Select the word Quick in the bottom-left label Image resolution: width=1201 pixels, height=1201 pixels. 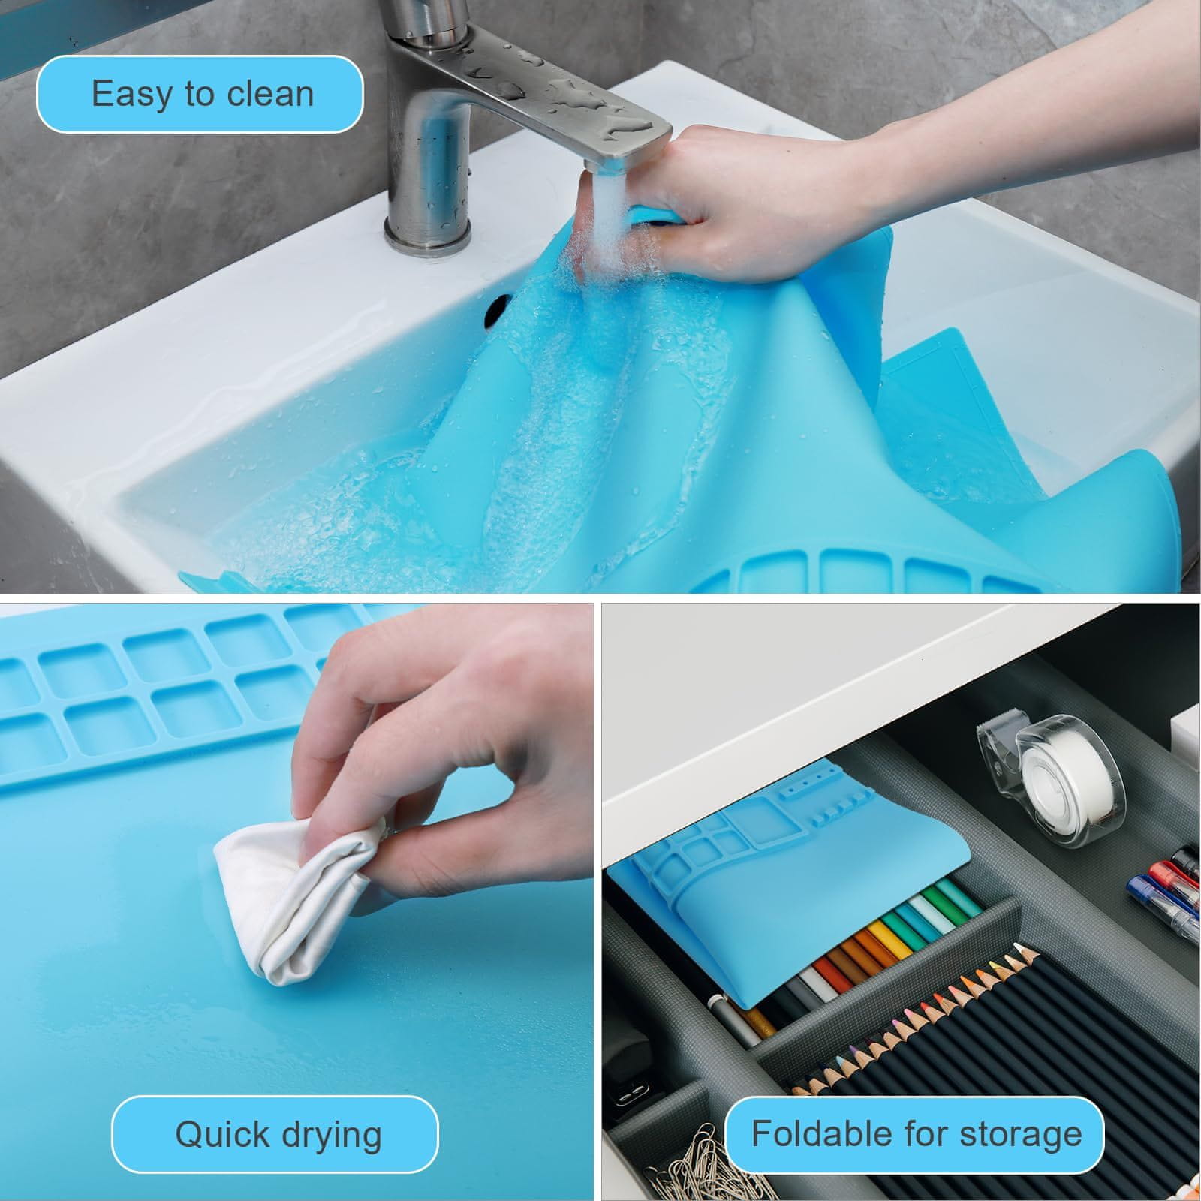221,1134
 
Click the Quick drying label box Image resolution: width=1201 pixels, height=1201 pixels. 275,1134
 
